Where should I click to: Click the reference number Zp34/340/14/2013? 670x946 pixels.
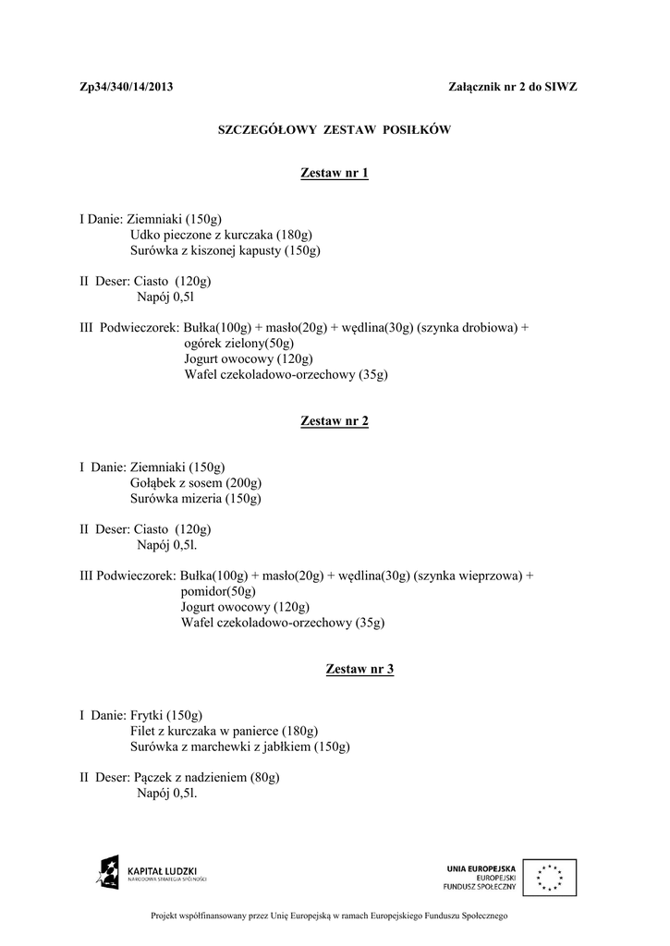[x=127, y=87]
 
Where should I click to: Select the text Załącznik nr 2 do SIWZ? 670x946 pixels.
[x=512, y=87]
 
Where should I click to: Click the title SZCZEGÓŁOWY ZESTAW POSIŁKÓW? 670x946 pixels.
[x=335, y=130]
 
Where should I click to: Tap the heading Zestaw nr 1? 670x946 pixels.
[x=335, y=174]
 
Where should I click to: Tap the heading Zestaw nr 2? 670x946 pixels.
[x=335, y=421]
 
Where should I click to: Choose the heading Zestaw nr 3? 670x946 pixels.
[x=360, y=669]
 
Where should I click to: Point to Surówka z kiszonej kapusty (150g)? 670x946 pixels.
[x=225, y=250]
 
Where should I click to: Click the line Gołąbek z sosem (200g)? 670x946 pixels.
[x=196, y=482]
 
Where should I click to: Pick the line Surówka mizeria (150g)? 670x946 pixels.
[x=196, y=498]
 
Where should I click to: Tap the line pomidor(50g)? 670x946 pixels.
[x=218, y=591]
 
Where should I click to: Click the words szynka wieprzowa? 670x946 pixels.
[x=468, y=576]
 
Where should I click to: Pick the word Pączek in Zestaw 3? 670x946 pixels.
[x=152, y=777]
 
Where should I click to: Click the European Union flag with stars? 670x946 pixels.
[x=549, y=877]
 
